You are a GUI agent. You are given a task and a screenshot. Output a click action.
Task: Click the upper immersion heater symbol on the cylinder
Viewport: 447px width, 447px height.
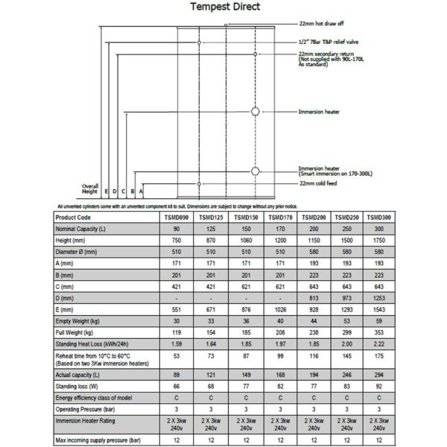tap(256, 112)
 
